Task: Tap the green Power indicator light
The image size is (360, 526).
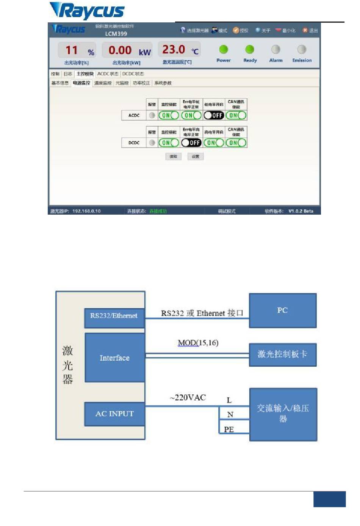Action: tap(224, 49)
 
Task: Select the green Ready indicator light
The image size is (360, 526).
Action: tap(250, 49)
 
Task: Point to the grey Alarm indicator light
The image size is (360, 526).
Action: tap(276, 49)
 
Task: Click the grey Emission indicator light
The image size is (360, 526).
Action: tap(302, 49)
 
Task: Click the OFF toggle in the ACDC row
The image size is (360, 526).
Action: tap(214, 115)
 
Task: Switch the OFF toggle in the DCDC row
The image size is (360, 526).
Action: tap(191, 143)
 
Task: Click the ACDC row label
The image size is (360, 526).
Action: tap(134, 115)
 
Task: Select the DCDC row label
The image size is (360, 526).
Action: tap(134, 143)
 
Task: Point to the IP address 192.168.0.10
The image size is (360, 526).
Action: tap(86, 211)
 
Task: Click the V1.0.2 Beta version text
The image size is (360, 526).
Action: tap(301, 211)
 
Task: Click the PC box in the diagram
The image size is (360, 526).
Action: tap(282, 310)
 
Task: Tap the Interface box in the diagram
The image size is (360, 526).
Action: tap(114, 358)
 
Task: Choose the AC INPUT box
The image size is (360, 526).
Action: tap(114, 414)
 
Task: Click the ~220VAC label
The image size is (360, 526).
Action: tap(188, 397)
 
